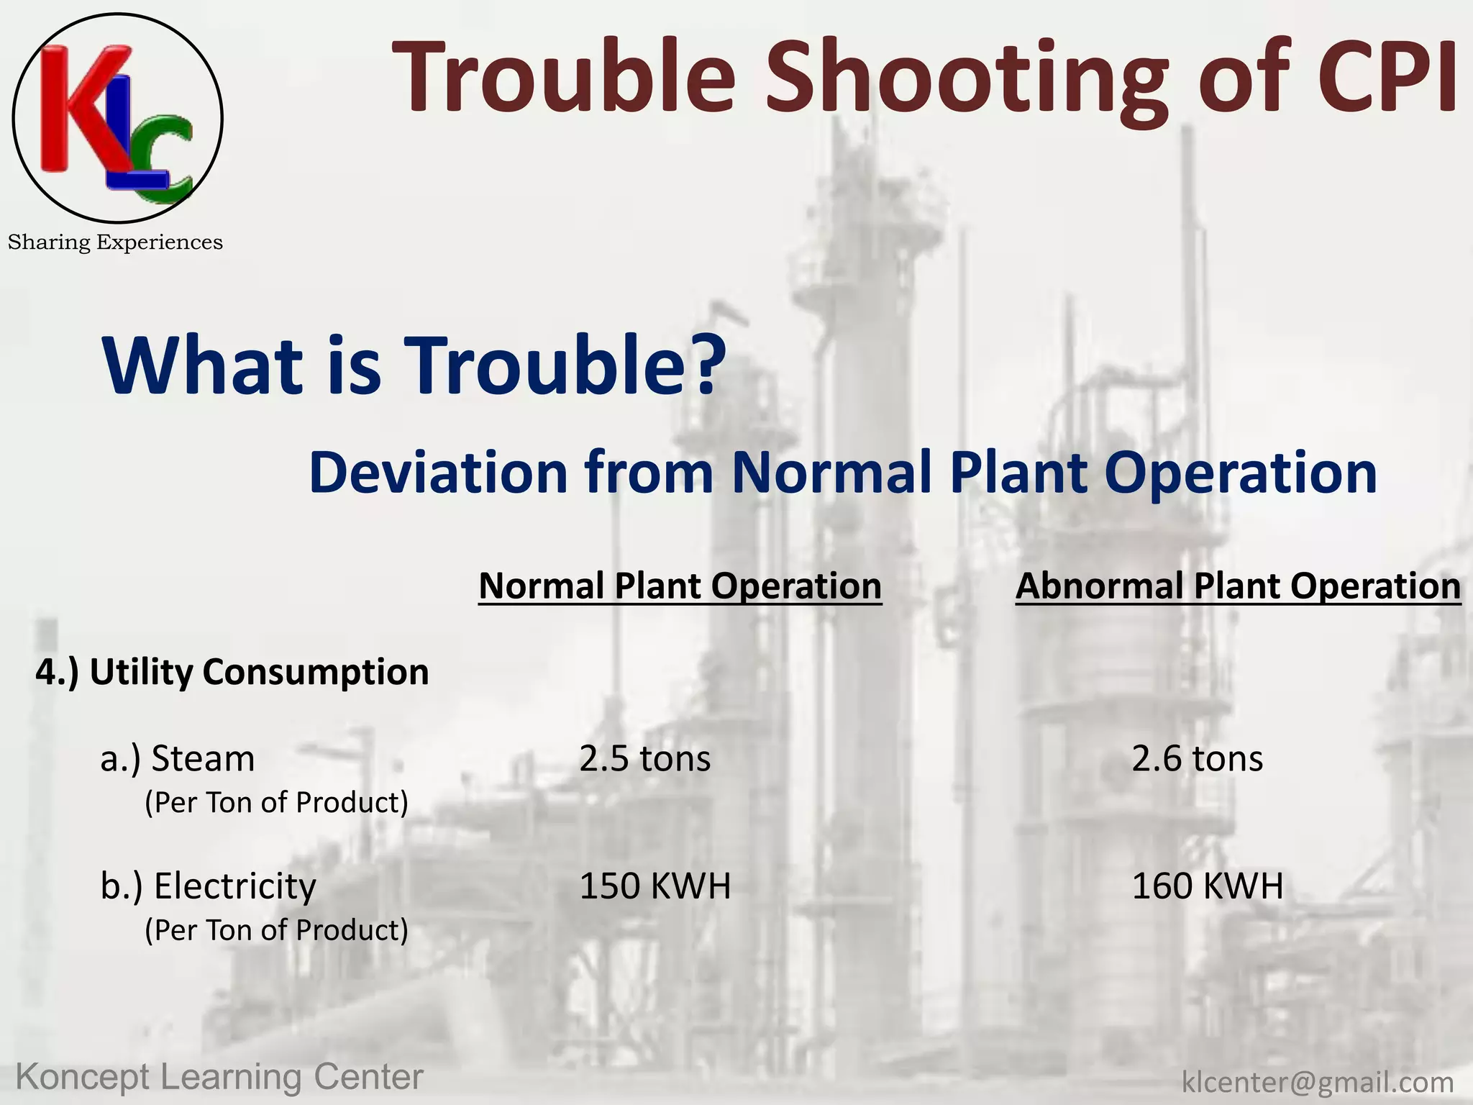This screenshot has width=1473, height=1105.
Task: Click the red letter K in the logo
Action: pyautogui.click(x=68, y=108)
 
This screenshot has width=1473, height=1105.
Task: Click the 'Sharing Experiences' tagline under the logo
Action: pyautogui.click(x=115, y=242)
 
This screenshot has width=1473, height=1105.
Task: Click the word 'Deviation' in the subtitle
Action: pyautogui.click(x=438, y=473)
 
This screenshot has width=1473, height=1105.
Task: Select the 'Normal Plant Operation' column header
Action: pyautogui.click(x=680, y=586)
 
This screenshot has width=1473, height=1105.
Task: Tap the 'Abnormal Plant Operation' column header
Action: pyautogui.click(x=1238, y=586)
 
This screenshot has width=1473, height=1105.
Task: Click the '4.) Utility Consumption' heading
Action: pyautogui.click(x=232, y=672)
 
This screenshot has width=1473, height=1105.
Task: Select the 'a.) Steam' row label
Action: pyautogui.click(x=178, y=759)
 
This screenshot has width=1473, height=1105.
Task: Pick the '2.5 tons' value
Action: pyautogui.click(x=644, y=759)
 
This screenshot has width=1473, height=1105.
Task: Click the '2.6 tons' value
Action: pyautogui.click(x=1197, y=759)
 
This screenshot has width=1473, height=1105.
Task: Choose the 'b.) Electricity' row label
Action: pyautogui.click(x=208, y=886)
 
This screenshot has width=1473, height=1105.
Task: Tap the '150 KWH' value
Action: pyautogui.click(x=655, y=886)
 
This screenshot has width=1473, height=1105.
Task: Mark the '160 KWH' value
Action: pyautogui.click(x=1207, y=886)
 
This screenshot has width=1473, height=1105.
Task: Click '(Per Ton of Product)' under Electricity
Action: pyautogui.click(x=276, y=930)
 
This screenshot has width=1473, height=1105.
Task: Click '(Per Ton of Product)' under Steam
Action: pyautogui.click(x=276, y=803)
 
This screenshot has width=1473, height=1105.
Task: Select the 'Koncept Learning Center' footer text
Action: pyautogui.click(x=219, y=1078)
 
